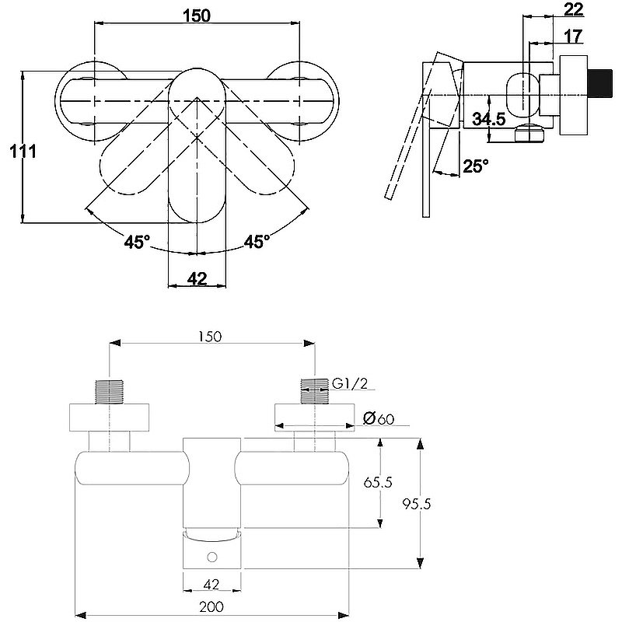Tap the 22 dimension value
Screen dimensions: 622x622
pyautogui.click(x=574, y=9)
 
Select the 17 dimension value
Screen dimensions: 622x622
pyautogui.click(x=574, y=35)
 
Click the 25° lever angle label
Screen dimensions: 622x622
pyautogui.click(x=476, y=166)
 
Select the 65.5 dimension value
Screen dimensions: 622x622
pyautogui.click(x=378, y=482)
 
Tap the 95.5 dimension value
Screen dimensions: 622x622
pyautogui.click(x=417, y=503)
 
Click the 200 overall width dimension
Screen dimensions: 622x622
pyautogui.click(x=211, y=606)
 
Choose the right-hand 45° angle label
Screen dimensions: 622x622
pyautogui.click(x=257, y=242)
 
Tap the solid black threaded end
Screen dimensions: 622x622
pyautogui.click(x=599, y=82)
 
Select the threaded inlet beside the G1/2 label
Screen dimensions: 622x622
pyautogui.click(x=313, y=390)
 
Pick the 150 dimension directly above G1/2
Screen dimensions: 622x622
pyautogui.click(x=209, y=337)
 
